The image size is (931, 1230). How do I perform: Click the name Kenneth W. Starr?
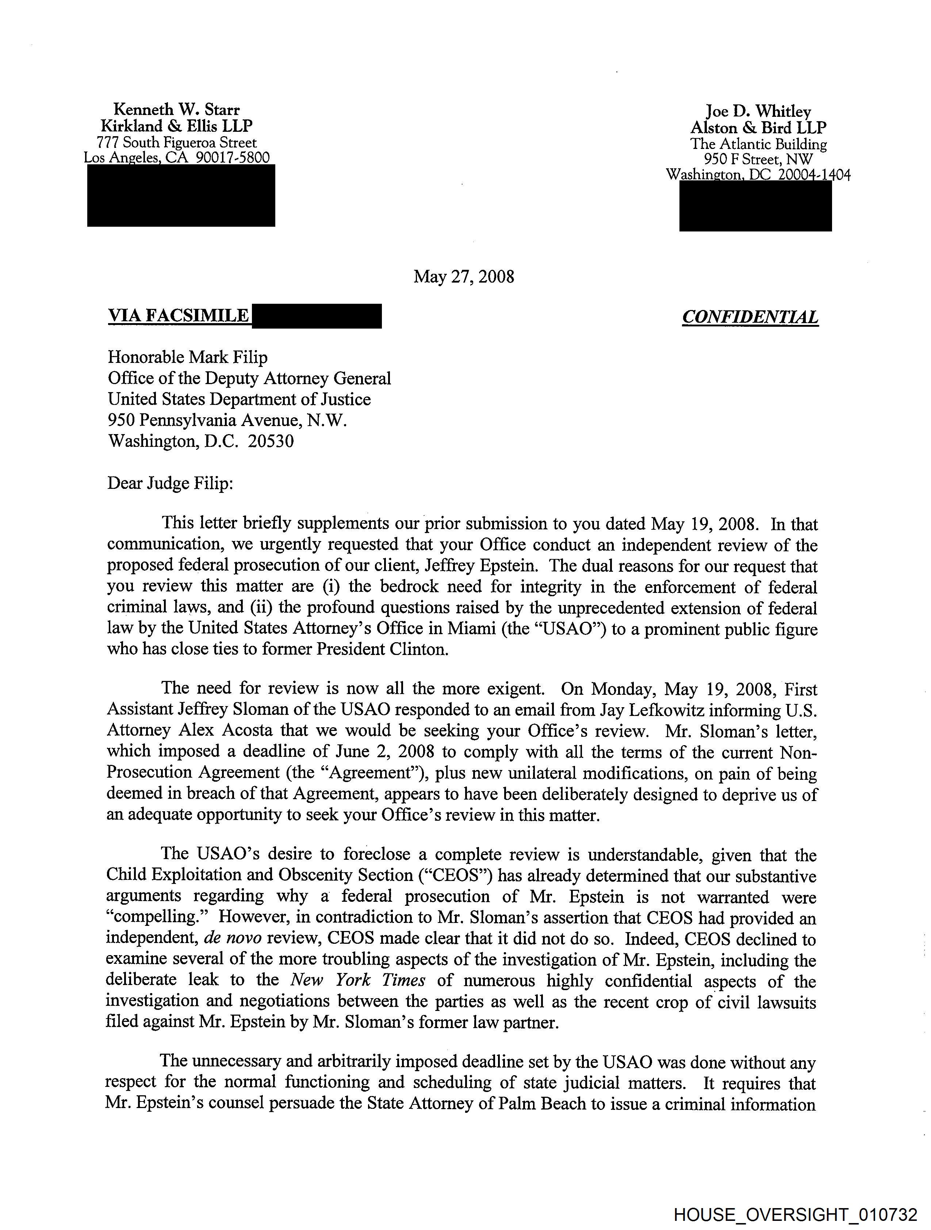click(x=176, y=109)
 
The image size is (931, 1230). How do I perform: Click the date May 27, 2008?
click(x=464, y=276)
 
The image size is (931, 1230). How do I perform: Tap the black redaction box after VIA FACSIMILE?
click(x=317, y=316)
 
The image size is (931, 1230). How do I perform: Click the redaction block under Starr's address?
click(x=181, y=196)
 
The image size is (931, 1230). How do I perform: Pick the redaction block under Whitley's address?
click(x=755, y=206)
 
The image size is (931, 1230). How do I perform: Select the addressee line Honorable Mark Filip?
click(x=187, y=357)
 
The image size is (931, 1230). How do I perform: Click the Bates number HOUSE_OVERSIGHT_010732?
click(x=795, y=1214)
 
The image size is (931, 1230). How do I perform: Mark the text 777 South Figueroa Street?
click(x=176, y=142)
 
